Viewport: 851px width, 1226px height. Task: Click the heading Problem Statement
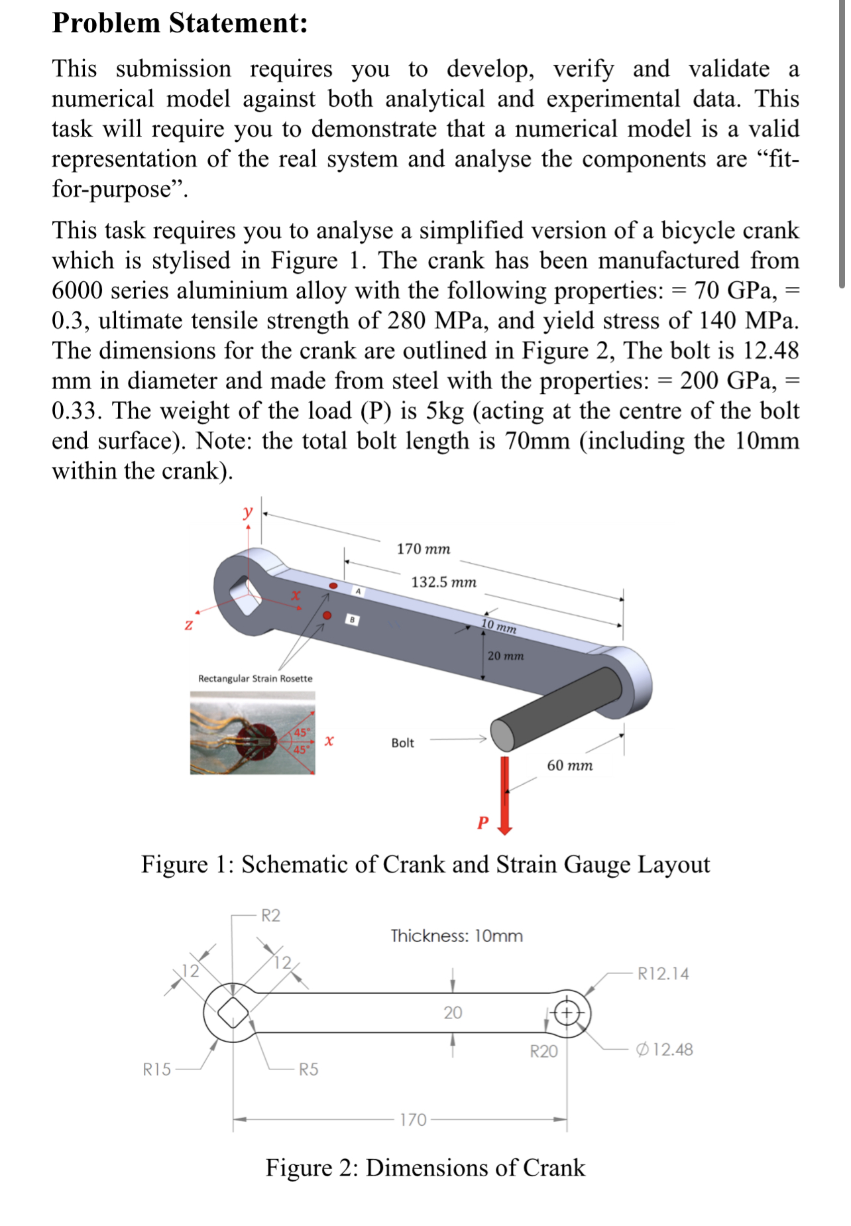[x=180, y=23]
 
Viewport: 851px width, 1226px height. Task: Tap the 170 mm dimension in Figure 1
[x=423, y=549]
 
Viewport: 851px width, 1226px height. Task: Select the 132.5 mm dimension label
[x=443, y=582]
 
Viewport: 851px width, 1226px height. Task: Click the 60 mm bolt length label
[x=569, y=765]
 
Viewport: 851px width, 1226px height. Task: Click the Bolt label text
[x=402, y=743]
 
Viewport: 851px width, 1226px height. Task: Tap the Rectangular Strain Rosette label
[x=255, y=678]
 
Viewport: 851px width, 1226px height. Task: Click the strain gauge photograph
[x=253, y=733]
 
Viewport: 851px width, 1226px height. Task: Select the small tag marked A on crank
[x=358, y=590]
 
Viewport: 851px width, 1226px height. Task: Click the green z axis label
[x=189, y=625]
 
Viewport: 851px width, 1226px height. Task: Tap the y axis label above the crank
[x=248, y=511]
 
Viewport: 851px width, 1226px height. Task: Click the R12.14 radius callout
[x=663, y=973]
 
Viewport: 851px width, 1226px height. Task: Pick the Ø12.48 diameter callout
[x=664, y=1049]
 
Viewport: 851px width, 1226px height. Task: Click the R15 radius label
[x=156, y=1069]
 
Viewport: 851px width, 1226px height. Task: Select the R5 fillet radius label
[x=308, y=1069]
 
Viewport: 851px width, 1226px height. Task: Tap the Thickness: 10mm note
[x=457, y=936]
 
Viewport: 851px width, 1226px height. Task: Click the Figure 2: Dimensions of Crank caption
[x=425, y=1168]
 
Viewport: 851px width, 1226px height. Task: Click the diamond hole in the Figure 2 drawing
[x=233, y=1012]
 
